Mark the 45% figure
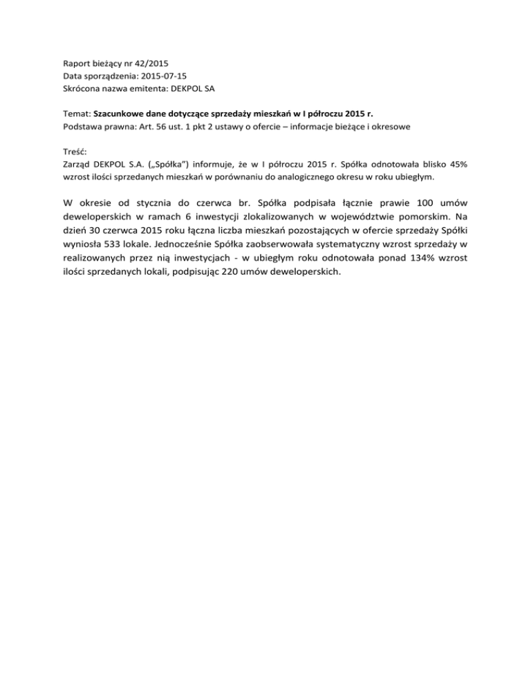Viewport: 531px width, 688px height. click(x=456, y=165)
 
